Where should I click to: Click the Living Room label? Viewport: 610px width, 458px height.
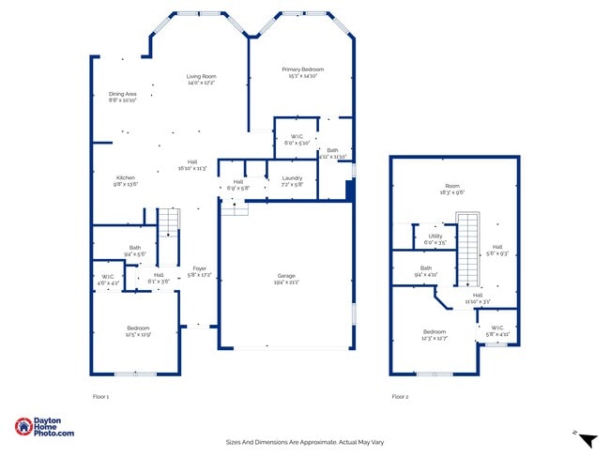[x=201, y=76]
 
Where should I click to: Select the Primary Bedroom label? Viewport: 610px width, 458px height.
[x=303, y=69]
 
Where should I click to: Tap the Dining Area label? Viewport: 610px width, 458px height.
[x=123, y=94]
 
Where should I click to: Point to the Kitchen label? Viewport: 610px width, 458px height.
[x=126, y=177]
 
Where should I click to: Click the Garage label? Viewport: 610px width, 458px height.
[x=285, y=276]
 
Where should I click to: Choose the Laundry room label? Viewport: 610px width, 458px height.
[x=292, y=177]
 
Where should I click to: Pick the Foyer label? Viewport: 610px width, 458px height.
[x=199, y=267]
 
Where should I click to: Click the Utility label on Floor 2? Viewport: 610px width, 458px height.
[x=435, y=236]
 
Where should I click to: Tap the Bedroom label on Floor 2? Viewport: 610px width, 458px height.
[x=435, y=331]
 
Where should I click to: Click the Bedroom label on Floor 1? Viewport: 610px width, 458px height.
[x=138, y=328]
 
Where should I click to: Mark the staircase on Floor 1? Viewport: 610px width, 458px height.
[x=167, y=222]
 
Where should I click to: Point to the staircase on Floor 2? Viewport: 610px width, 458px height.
[x=467, y=250]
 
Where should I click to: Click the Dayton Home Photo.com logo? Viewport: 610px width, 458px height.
[x=44, y=427]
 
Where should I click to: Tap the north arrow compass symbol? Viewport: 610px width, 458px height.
[x=587, y=439]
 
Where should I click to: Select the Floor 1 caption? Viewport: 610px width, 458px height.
[x=101, y=397]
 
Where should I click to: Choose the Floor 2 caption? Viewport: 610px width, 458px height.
[x=400, y=397]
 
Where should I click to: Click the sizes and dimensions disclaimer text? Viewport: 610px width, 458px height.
[x=305, y=442]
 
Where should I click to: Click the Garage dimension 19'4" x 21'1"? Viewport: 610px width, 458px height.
[x=285, y=282]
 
